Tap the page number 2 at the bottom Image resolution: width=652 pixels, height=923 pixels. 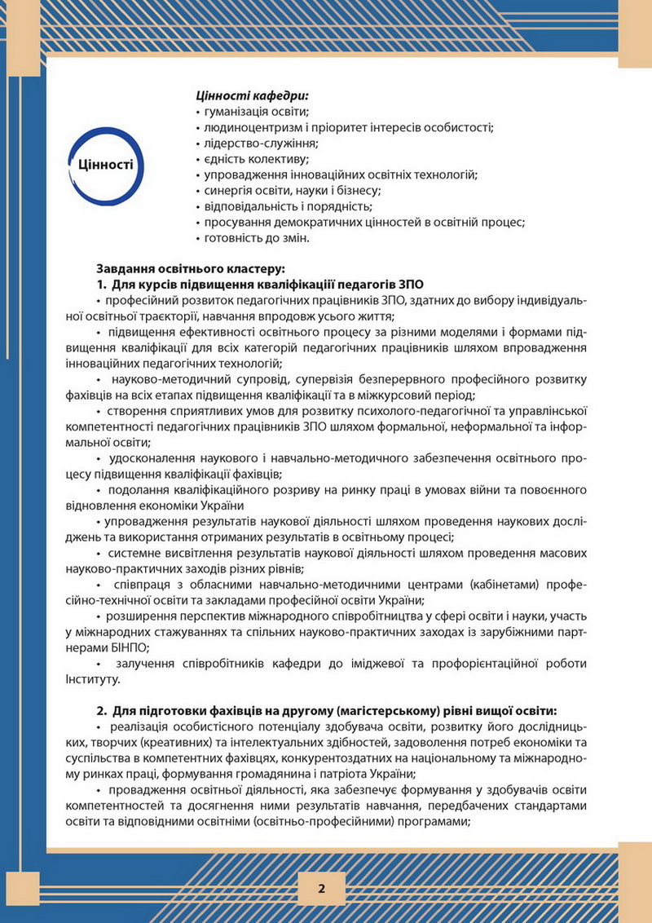point(322,889)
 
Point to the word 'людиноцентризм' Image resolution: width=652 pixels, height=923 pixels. point(249,127)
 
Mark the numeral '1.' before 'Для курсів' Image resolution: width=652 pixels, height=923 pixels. point(102,284)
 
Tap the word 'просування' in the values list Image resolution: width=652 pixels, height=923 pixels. point(234,223)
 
